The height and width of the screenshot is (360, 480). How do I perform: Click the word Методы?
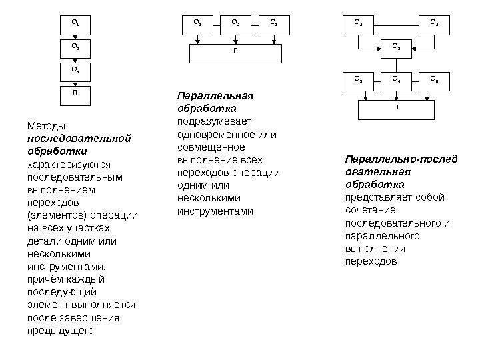pos(43,126)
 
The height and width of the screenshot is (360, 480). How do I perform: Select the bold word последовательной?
pos(77,139)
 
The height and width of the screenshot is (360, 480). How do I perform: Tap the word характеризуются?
pos(69,164)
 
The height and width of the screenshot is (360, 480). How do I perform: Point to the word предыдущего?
pos(61,330)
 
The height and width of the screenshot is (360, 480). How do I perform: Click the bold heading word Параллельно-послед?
pos(401,159)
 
